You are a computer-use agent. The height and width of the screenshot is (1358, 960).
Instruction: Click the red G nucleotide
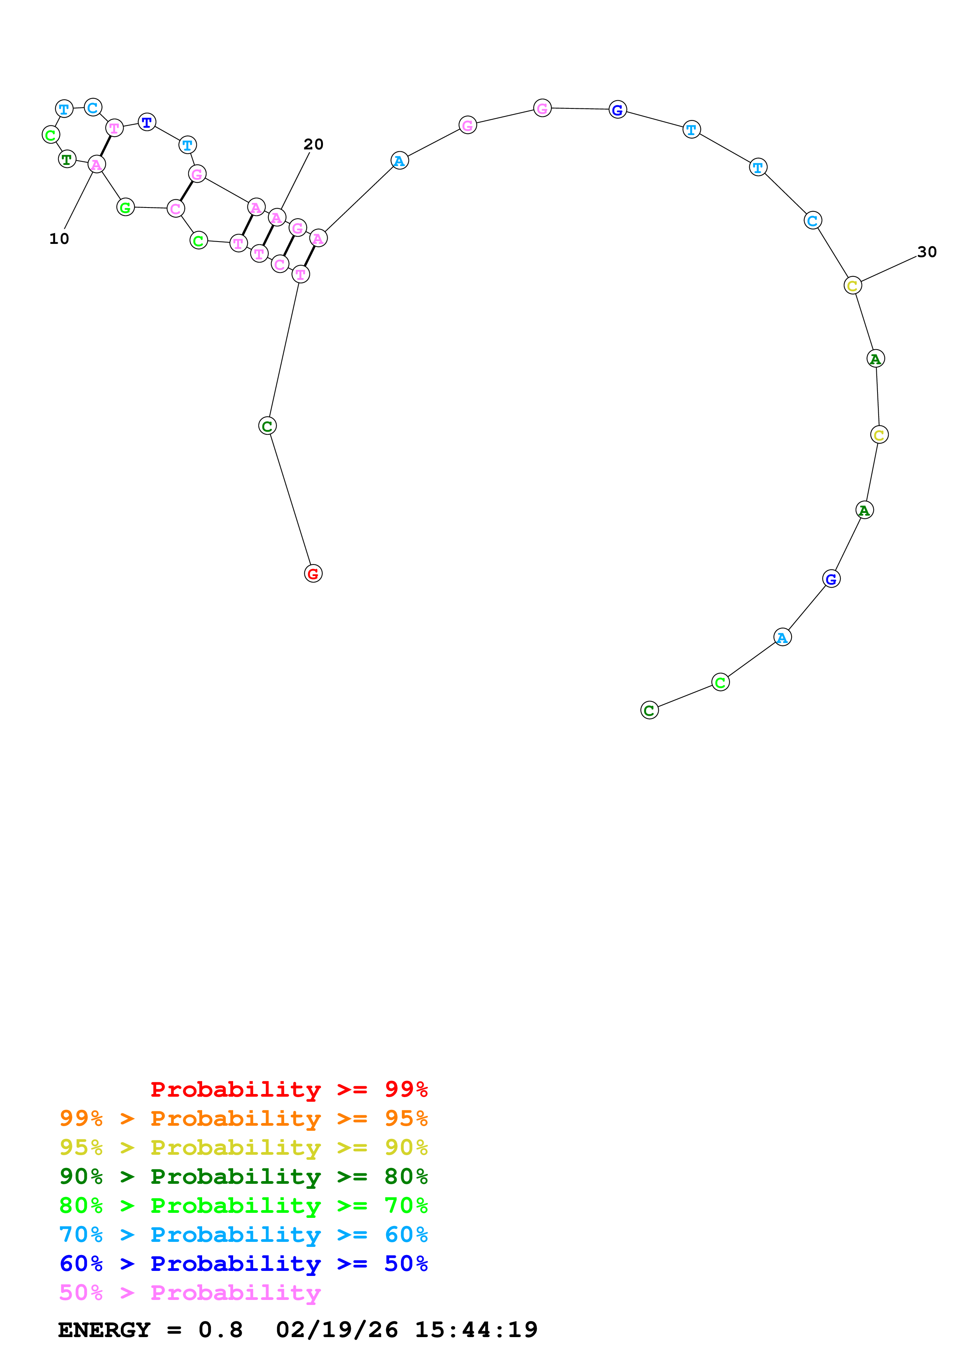pyautogui.click(x=313, y=573)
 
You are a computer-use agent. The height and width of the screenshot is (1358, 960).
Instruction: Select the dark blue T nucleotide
pyautogui.click(x=147, y=122)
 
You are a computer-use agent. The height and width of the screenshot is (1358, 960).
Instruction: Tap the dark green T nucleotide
pyautogui.click(x=67, y=159)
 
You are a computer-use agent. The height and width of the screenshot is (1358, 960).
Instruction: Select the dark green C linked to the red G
pyautogui.click(x=267, y=426)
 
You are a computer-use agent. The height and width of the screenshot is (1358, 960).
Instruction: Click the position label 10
pyautogui.click(x=59, y=239)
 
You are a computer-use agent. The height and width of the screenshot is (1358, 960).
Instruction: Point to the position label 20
pyautogui.click(x=314, y=144)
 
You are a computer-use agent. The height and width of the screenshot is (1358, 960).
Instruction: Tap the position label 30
pyautogui.click(x=927, y=252)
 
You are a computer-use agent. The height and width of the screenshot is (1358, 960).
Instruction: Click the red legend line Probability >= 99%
pyautogui.click(x=289, y=1089)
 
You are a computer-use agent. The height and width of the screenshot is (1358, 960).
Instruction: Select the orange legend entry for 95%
pyautogui.click(x=244, y=1118)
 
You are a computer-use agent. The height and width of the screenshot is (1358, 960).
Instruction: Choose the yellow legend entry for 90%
pyautogui.click(x=244, y=1147)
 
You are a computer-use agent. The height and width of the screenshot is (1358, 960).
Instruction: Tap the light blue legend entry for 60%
pyautogui.click(x=244, y=1235)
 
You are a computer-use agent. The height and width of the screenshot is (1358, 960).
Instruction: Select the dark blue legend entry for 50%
pyautogui.click(x=244, y=1264)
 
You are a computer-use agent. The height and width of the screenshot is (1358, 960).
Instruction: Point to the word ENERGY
pyautogui.click(x=104, y=1330)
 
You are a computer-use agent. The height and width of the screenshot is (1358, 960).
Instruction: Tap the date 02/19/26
pyautogui.click(x=337, y=1330)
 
